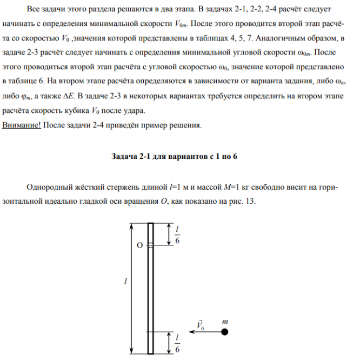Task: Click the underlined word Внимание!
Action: point(22,126)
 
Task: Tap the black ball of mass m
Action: point(224,330)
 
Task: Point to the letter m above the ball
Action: point(224,320)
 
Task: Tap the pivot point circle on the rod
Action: point(151,245)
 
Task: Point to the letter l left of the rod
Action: point(125,282)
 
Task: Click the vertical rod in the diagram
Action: point(151,286)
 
